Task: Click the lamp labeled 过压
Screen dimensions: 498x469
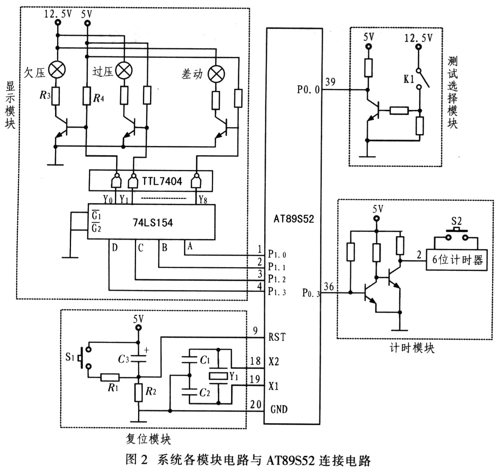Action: click(x=124, y=71)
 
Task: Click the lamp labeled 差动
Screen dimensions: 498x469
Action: click(x=216, y=74)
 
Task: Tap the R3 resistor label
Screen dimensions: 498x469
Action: click(x=45, y=95)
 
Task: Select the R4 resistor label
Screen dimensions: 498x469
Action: click(x=99, y=98)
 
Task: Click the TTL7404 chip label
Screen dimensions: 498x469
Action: click(x=162, y=181)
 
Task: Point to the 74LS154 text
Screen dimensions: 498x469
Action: click(x=153, y=223)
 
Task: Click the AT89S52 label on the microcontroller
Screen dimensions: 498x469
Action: click(x=294, y=219)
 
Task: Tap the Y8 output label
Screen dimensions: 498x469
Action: click(x=203, y=200)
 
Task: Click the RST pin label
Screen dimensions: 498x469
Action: click(x=277, y=337)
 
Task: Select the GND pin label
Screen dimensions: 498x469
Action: click(x=279, y=410)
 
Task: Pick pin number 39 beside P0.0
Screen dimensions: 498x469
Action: click(x=330, y=82)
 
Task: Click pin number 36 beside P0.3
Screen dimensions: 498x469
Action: click(x=329, y=286)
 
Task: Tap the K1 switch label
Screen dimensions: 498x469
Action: click(x=409, y=79)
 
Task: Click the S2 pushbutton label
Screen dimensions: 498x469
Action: click(x=457, y=221)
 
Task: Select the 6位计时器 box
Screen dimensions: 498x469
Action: click(x=457, y=260)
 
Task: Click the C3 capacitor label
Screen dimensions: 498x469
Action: click(x=123, y=359)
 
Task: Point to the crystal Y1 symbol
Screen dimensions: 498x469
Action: click(x=218, y=376)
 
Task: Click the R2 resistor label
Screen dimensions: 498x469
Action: click(x=151, y=391)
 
